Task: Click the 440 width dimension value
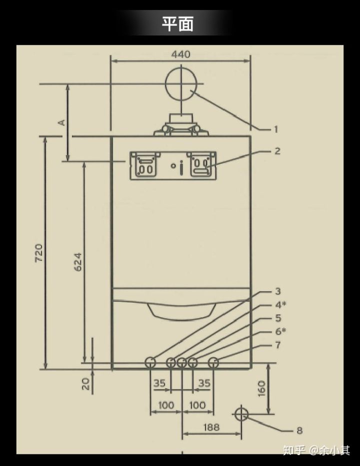[180, 54]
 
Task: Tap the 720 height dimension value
[39, 253]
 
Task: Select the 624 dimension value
[77, 262]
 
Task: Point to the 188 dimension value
[211, 428]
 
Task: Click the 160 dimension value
[261, 388]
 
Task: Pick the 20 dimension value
[85, 384]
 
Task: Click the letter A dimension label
[62, 122]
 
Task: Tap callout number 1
[276, 129]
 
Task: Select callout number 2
[277, 151]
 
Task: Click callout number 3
[278, 291]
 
